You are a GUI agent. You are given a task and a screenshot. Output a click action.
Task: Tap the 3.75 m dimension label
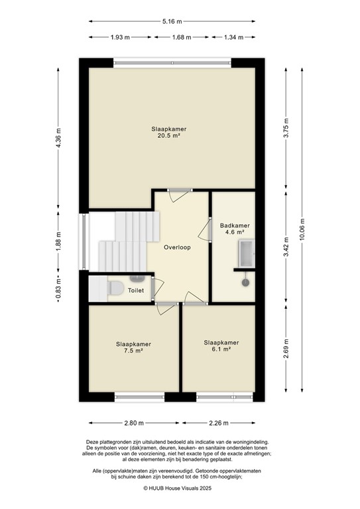286,127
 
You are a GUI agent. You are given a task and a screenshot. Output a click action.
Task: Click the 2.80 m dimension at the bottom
133,423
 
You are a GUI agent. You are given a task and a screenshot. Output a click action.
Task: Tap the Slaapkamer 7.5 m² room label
133,347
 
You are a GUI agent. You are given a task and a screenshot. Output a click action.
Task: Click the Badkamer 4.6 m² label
233,229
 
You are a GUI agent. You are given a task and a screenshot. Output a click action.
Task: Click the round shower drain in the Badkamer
245,282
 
